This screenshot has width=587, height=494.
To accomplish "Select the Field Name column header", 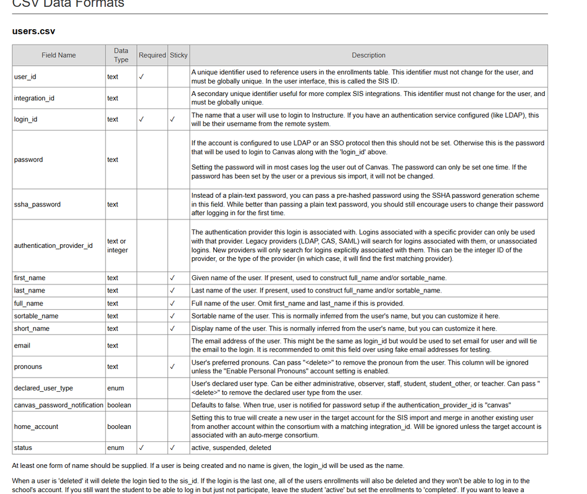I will pyautogui.click(x=59, y=55).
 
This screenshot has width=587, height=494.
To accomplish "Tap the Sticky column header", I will pyautogui.click(x=179, y=55).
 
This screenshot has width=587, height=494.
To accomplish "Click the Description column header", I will pyautogui.click(x=368, y=55).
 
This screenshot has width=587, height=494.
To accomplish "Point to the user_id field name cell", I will pyautogui.click(x=25, y=77).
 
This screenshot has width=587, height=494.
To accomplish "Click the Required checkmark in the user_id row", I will pyautogui.click(x=142, y=77).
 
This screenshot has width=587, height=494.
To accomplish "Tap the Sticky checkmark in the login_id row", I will pyautogui.click(x=172, y=119).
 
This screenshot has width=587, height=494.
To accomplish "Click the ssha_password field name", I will pyautogui.click(x=37, y=204).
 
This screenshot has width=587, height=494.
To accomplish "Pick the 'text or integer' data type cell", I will pyautogui.click(x=117, y=245).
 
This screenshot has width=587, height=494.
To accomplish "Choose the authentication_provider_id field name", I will pyautogui.click(x=53, y=245).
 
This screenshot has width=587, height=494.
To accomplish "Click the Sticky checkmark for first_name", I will pyautogui.click(x=172, y=278).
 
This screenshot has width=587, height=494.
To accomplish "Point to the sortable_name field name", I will pyautogui.click(x=36, y=316).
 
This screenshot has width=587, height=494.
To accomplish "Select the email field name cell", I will pyautogui.click(x=22, y=345).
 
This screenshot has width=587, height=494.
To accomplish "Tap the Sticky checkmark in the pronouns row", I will pyautogui.click(x=172, y=366).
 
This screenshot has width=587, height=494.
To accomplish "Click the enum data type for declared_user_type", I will pyautogui.click(x=115, y=388).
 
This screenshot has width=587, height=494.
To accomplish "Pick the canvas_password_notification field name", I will pyautogui.click(x=58, y=405).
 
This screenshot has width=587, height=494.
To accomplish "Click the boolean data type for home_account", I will pyautogui.click(x=119, y=426).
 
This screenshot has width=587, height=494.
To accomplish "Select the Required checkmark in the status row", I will pyautogui.click(x=142, y=448).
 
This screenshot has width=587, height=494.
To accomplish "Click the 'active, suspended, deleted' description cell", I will pyautogui.click(x=231, y=448).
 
